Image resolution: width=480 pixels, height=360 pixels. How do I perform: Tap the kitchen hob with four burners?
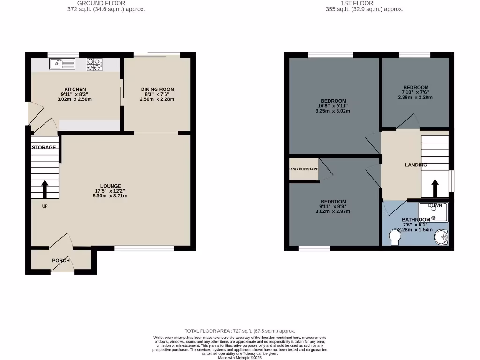94,64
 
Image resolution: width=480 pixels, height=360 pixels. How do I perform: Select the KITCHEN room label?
75,89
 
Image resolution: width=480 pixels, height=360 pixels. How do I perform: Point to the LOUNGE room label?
110,186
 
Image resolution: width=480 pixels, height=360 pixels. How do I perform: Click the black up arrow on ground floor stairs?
45,189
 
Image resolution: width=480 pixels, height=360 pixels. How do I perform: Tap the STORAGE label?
44,147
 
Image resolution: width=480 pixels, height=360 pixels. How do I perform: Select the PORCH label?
61,260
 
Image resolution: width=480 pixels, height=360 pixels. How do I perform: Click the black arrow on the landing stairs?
435,188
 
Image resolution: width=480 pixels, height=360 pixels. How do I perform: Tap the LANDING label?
416,165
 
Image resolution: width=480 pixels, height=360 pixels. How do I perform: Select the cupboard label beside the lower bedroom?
304,169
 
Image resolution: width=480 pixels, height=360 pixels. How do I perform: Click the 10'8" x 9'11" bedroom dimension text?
334,106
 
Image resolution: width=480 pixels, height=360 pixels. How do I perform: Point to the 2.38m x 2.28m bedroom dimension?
415,97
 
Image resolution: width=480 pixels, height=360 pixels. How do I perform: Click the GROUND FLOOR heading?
101,3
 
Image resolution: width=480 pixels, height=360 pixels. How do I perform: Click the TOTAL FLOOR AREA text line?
240,331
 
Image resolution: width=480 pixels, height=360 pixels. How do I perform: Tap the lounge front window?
144,248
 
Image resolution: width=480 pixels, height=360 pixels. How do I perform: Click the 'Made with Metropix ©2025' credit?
240,358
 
